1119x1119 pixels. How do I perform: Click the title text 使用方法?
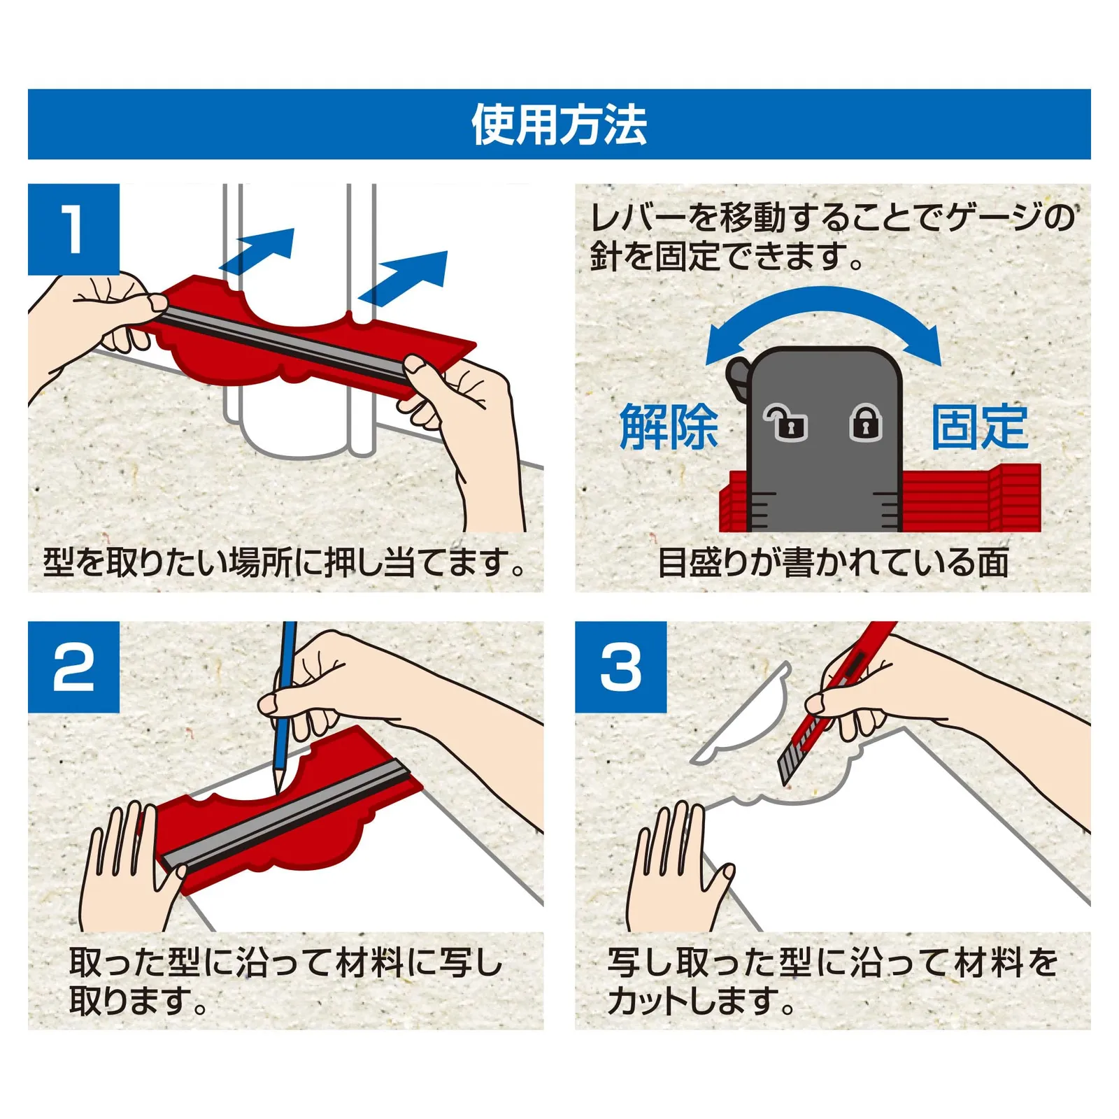559,124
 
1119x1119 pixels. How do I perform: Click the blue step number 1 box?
73,229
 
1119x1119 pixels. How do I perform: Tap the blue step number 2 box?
73,667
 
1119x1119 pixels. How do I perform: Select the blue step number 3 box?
621,667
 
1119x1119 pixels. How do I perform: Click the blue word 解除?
669,426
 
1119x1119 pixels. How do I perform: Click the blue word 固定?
979,426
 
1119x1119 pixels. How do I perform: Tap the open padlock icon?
785,422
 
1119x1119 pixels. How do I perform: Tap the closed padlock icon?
866,422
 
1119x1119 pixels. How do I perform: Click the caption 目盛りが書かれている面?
832,563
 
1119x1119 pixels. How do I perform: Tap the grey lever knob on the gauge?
737,378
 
